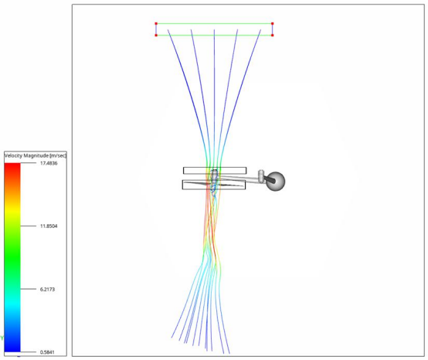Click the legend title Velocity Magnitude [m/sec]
point(36,155)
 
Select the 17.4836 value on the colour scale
point(49,163)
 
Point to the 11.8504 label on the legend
point(49,226)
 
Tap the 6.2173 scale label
point(47,289)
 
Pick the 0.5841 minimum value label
point(47,352)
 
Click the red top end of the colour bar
point(12,165)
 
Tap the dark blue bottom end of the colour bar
point(12,349)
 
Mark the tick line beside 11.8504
point(28,226)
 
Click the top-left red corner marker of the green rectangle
point(156,24)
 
